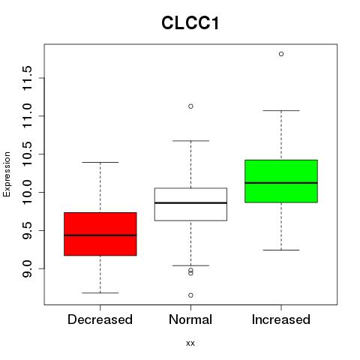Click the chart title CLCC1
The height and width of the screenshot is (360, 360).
190,23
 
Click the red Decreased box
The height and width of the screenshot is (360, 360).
100,234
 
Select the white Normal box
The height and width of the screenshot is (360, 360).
190,204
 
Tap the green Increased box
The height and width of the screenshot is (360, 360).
281,181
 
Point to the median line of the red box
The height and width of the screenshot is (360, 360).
100,235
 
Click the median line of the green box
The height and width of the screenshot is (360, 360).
281,183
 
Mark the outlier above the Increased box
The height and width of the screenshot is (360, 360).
281,54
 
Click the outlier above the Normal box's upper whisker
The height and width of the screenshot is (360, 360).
190,106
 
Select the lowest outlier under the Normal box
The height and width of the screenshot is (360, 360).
190,295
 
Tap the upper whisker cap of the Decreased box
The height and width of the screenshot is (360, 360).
100,163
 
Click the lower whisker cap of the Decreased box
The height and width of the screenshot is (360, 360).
100,292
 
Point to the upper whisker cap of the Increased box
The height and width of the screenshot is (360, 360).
281,110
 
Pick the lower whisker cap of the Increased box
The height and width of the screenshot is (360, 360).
281,250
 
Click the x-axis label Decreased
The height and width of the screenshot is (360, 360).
100,319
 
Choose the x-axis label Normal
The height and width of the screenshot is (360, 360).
190,319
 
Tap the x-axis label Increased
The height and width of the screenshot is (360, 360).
281,319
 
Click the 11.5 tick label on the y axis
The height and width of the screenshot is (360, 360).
28,78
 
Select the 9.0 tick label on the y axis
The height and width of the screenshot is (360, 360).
28,268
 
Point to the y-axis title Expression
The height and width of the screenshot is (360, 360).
7,174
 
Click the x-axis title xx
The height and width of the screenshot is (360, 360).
190,343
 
